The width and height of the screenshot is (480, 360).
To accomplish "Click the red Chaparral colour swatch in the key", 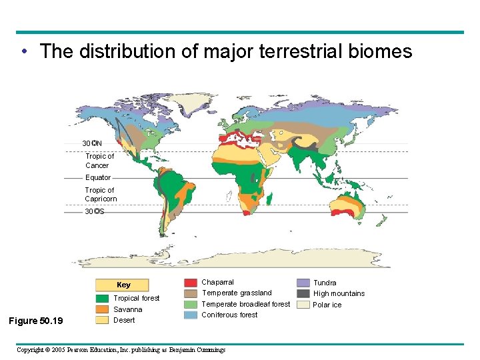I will [191, 283].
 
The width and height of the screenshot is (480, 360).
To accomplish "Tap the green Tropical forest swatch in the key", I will [102, 299].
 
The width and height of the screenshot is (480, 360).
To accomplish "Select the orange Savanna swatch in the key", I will [102, 309].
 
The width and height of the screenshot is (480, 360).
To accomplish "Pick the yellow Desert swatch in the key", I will [102, 320].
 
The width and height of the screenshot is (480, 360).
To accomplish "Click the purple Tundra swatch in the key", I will [303, 283].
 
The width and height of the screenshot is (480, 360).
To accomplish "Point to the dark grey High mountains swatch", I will [303, 293].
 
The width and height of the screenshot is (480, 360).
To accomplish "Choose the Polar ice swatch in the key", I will [303, 305].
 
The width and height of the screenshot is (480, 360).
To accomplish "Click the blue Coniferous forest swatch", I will [191, 315].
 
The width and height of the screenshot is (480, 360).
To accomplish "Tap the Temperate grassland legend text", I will [237, 293].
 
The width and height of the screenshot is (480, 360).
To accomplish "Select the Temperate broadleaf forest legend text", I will [246, 304].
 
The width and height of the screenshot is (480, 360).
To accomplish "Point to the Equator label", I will [98, 177].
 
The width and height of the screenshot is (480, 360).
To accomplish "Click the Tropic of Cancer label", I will [99, 161].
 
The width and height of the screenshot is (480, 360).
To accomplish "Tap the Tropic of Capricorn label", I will [101, 195].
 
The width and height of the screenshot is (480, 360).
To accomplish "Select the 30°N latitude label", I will [92, 143].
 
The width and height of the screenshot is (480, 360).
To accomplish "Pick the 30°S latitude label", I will [93, 211].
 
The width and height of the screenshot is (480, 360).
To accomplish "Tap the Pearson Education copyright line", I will [121, 350].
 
